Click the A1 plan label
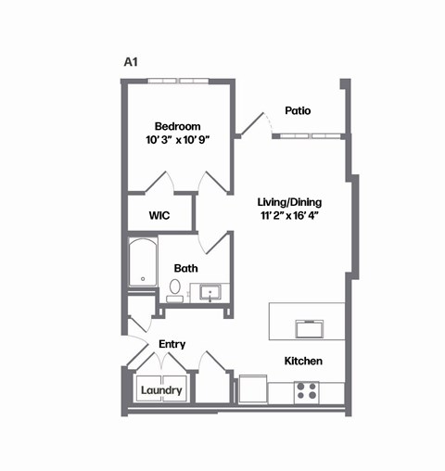131,62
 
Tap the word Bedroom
177,126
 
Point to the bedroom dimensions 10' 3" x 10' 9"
177,142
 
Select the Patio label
298,110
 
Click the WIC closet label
159,215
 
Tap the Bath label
186,269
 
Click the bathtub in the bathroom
143,262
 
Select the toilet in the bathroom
174,289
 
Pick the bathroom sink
210,293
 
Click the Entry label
172,344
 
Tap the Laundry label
161,390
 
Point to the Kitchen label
302,361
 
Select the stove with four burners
307,390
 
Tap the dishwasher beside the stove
253,389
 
